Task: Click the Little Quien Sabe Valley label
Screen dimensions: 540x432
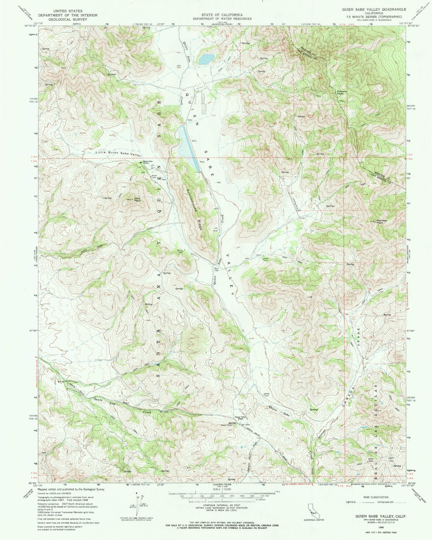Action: coord(118,153)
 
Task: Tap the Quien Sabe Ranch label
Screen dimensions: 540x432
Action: coord(147,162)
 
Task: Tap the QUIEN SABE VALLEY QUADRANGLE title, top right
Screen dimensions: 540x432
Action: coord(374,10)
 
